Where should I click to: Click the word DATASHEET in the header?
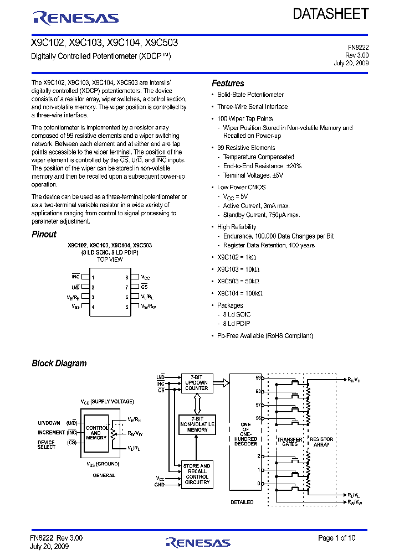point(331,13)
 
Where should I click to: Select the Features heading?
point(228,84)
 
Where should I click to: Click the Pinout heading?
point(44,234)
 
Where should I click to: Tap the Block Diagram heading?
point(59,364)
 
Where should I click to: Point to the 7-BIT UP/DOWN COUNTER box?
point(197,382)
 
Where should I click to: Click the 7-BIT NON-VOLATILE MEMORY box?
point(197,424)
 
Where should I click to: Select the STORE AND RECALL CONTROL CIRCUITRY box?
point(197,474)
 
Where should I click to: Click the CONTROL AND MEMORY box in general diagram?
point(96,433)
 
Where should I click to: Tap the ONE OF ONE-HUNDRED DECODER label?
point(246,434)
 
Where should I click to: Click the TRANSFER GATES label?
point(290,442)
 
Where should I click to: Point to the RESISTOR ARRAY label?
point(321,442)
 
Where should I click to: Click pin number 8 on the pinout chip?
point(127,277)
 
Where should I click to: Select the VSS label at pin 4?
point(76,307)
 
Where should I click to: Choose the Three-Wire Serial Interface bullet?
point(252,107)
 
